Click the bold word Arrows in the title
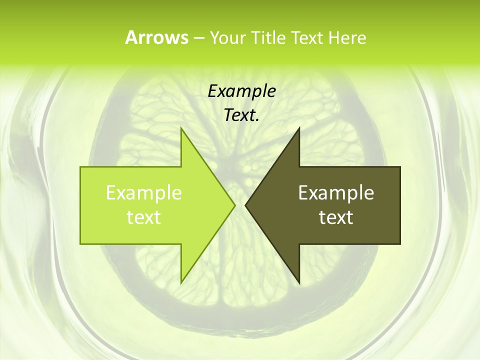pos(156,37)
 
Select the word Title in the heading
pos(267,37)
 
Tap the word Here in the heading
pos(347,37)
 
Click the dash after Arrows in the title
pos(198,38)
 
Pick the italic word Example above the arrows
pos(242,91)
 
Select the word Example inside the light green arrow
pos(144,192)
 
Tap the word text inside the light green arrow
pos(144,217)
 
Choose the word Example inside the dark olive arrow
pos(336,192)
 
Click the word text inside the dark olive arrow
pos(336,217)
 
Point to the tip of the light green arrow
pos(234,205)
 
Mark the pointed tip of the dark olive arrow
pos(245,205)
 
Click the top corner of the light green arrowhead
pos(181,128)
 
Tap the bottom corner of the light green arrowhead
pos(181,282)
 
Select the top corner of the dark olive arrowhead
pos(299,128)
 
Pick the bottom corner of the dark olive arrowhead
pos(299,282)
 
